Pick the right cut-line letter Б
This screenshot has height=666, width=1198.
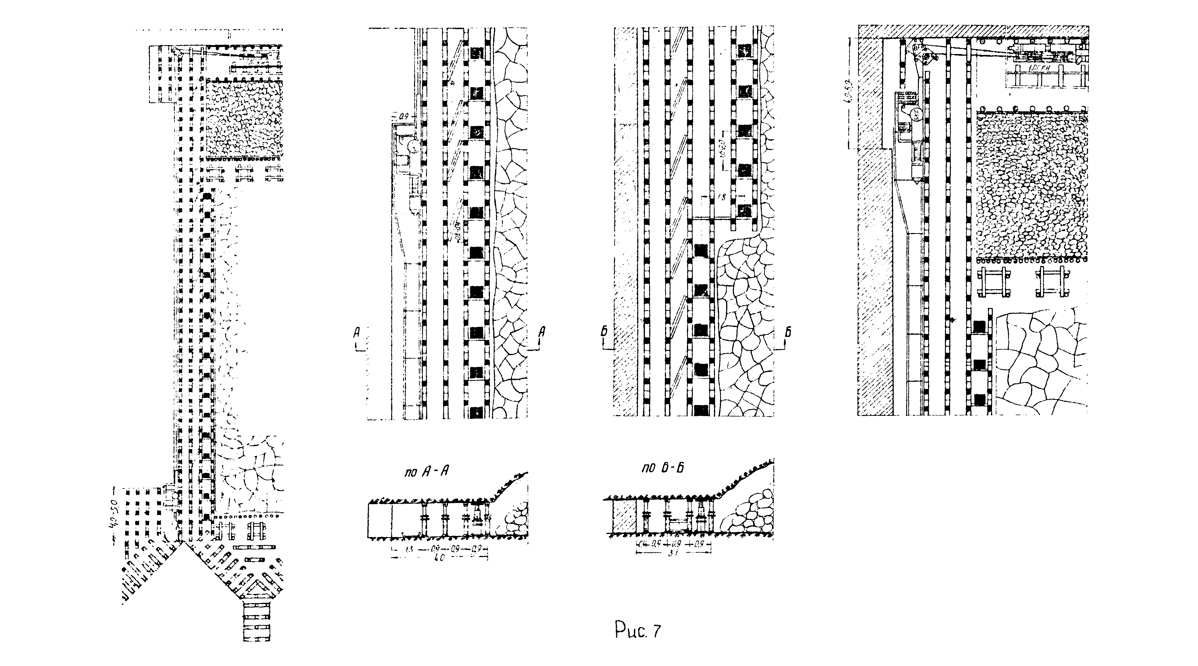point(788,332)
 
